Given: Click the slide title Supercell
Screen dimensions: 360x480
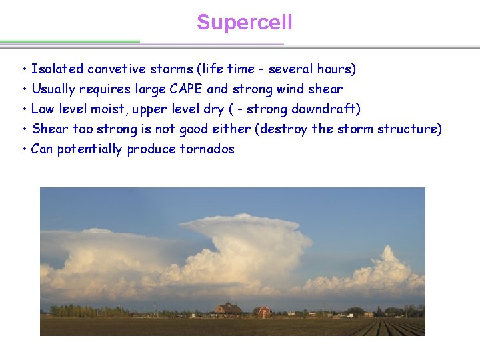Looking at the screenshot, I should click(x=244, y=23).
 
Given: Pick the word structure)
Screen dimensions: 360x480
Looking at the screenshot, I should click(x=409, y=129).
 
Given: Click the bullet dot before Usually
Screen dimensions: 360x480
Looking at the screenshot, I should click(x=23, y=89).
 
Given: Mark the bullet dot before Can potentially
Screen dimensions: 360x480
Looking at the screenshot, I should click(x=23, y=149).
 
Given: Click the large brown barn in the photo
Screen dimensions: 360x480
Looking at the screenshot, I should click(x=228, y=310).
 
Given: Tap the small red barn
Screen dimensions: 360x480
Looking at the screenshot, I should click(x=262, y=311).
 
